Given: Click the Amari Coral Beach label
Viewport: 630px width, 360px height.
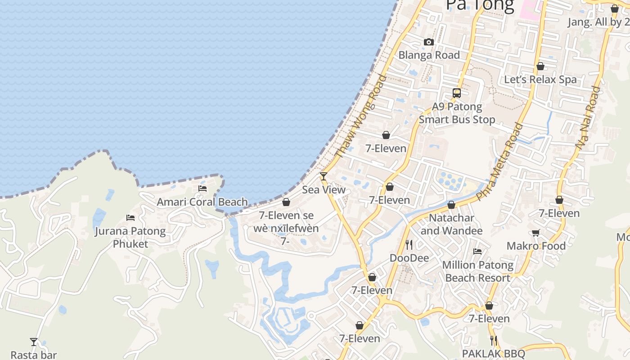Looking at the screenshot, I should [202, 202].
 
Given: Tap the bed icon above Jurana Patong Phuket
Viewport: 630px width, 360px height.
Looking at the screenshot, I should [130, 218].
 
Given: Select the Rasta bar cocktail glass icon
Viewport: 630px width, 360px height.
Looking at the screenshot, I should [34, 342].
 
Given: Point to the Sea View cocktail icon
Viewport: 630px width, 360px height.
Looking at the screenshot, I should [324, 176].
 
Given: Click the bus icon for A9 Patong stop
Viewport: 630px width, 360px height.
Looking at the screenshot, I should [457, 93].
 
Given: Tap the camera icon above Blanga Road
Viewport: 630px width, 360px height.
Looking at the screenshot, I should [429, 42].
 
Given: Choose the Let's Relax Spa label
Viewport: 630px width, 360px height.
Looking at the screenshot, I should [540, 80].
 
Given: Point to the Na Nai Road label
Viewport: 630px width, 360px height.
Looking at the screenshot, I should [588, 118].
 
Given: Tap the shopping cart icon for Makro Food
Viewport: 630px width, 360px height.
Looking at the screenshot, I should [535, 233].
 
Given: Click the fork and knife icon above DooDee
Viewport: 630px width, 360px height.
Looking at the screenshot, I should [409, 244].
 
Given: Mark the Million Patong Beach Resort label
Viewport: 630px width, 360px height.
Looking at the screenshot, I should [478, 271].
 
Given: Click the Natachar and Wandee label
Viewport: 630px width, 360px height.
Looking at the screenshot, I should [451, 225].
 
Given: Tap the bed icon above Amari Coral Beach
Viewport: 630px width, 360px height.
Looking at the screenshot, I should [202, 189].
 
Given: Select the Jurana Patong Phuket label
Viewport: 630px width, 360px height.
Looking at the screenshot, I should [130, 238].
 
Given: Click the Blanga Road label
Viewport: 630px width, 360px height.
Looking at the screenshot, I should [429, 55].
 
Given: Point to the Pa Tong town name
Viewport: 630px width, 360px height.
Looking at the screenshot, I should [480, 5].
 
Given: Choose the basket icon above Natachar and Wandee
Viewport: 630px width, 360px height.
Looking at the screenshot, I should [451, 205].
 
